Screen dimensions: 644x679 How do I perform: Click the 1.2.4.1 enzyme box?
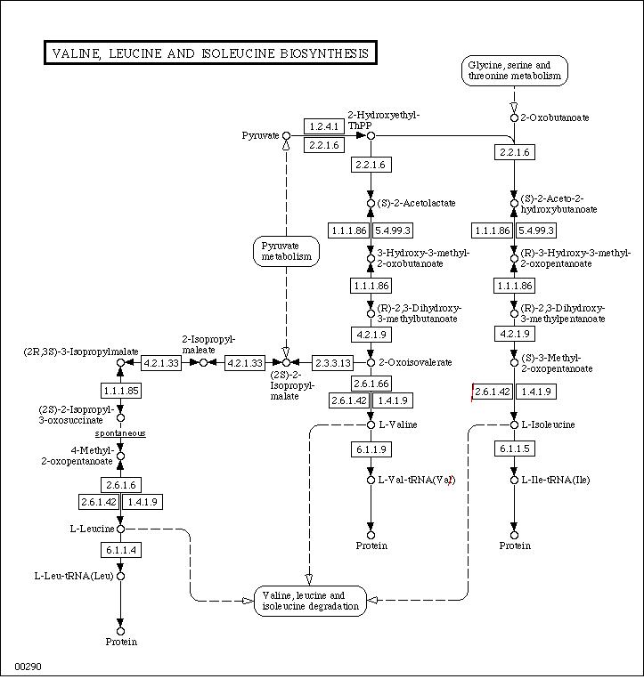324,126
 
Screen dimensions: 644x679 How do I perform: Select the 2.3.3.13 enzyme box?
333,362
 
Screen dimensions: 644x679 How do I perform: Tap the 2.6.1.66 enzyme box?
371,384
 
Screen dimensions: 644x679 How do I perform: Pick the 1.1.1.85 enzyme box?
121,391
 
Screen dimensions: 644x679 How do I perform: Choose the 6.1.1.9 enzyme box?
371,449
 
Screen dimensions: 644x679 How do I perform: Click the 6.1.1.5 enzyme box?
515,449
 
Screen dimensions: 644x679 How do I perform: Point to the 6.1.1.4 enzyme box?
121,550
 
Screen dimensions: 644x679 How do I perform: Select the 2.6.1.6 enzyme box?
121,485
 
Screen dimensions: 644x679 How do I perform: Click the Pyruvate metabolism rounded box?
286,251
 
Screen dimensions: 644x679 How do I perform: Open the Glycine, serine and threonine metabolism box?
515,70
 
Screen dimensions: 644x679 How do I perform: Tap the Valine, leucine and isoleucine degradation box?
310,601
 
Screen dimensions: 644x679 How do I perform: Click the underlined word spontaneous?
120,433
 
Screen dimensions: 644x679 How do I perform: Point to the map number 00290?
29,667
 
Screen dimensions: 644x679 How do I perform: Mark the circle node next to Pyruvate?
286,135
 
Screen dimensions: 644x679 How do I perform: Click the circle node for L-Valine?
371,424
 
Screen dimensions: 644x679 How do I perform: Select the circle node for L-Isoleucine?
514,424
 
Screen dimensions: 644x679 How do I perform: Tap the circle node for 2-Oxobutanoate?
514,117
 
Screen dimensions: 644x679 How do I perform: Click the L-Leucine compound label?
93,529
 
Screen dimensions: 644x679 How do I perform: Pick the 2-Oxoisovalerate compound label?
415,362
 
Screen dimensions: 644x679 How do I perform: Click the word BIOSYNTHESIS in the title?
324,53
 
